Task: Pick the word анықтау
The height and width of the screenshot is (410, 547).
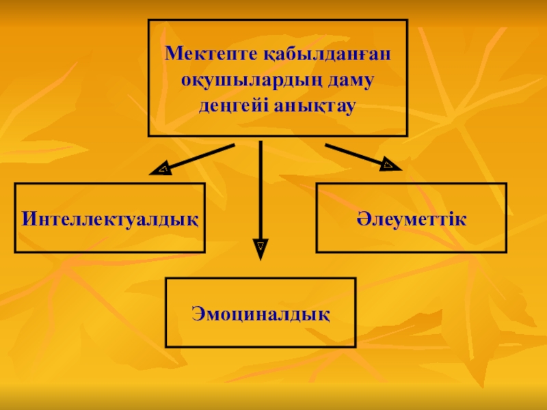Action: (x=315, y=107)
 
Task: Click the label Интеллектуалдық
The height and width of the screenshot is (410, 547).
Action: (x=110, y=219)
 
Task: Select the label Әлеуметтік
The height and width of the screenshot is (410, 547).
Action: (x=411, y=219)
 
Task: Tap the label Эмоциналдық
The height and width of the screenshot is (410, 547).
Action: (x=261, y=314)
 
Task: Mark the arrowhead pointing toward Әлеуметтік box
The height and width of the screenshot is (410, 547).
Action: (x=390, y=165)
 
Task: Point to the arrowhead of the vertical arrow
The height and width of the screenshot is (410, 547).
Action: (x=261, y=247)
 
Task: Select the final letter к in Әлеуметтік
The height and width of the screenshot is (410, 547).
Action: (x=462, y=219)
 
